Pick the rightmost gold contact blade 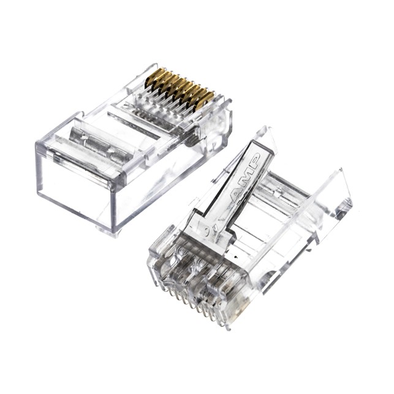pyautogui.click(x=206, y=98)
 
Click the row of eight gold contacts pyautogui.click(x=178, y=88)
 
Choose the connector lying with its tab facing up pyautogui.click(x=245, y=233)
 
